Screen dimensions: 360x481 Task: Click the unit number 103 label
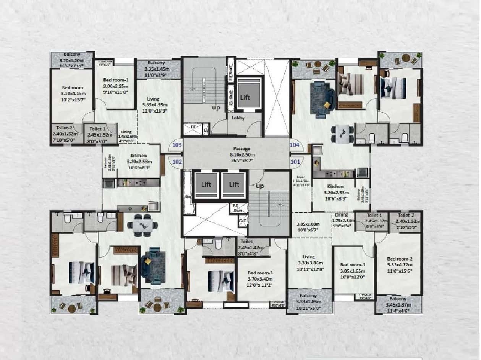click(x=177, y=145)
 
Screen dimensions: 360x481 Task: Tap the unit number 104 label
click(x=295, y=145)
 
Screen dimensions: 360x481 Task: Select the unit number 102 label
click(x=177, y=161)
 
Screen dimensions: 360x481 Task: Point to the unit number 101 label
click(x=295, y=161)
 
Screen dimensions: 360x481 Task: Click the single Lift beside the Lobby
click(x=245, y=97)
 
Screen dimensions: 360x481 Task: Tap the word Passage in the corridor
click(x=241, y=148)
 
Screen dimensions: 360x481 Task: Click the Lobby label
click(x=238, y=118)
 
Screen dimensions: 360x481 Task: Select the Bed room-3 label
click(x=260, y=273)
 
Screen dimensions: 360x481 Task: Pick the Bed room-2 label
click(x=399, y=259)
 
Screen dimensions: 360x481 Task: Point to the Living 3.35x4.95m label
click(x=153, y=99)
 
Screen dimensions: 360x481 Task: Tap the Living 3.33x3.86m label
click(x=308, y=257)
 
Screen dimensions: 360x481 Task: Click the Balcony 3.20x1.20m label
click(x=72, y=54)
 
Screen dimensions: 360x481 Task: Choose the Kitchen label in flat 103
click(x=138, y=156)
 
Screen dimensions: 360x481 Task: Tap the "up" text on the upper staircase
click(x=216, y=108)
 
